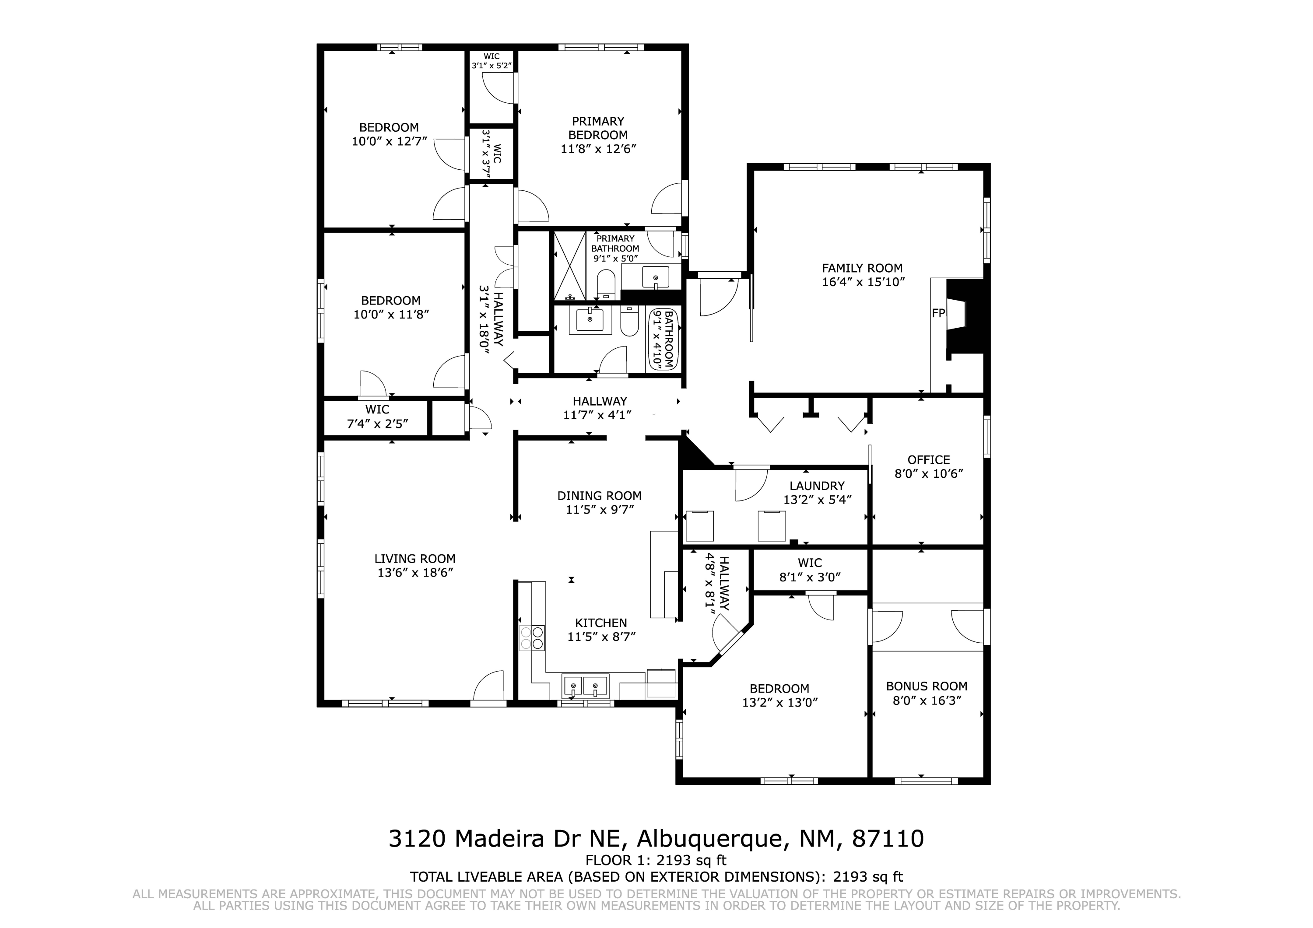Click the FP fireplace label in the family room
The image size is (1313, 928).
click(938, 313)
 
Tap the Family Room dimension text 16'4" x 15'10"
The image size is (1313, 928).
click(863, 282)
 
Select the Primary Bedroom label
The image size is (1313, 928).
click(598, 128)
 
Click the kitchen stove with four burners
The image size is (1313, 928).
click(532, 638)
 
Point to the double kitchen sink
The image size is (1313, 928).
click(586, 686)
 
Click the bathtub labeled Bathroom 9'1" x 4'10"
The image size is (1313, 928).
click(664, 340)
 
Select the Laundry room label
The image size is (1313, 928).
click(817, 486)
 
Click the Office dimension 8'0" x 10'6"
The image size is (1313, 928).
click(929, 473)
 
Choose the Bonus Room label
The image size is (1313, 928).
click(927, 686)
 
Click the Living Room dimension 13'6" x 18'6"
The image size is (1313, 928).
click(415, 572)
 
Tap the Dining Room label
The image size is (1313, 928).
click(599, 496)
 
